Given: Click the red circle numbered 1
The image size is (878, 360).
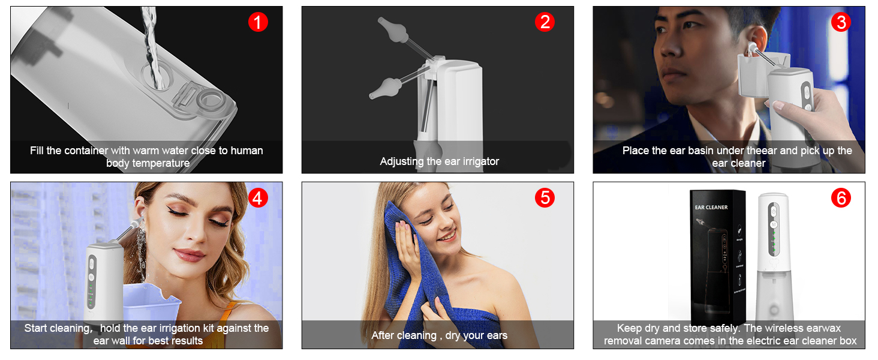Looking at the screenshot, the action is pyautogui.click(x=258, y=22).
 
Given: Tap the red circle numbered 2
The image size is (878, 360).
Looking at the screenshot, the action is pyautogui.click(x=545, y=22).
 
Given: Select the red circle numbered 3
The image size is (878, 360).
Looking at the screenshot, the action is pyautogui.click(x=841, y=22).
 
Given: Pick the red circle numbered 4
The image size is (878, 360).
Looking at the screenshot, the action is pyautogui.click(x=258, y=198).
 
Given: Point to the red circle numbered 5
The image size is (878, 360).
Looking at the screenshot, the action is pyautogui.click(x=545, y=198).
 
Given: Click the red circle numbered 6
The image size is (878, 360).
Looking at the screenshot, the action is pyautogui.click(x=841, y=198).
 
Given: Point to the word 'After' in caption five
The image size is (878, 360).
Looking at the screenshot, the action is pyautogui.click(x=383, y=335).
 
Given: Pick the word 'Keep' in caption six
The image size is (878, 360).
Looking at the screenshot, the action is pyautogui.click(x=630, y=328).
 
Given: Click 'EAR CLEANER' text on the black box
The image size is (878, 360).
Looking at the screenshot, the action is pyautogui.click(x=711, y=207).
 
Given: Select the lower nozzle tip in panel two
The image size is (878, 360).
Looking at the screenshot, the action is pyautogui.click(x=371, y=96).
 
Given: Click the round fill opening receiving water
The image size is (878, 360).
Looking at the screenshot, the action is pyautogui.click(x=157, y=76).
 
